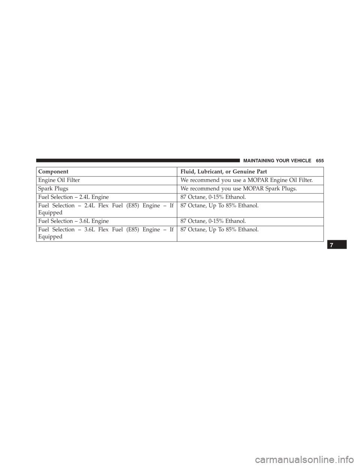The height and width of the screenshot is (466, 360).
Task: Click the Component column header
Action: [53, 172]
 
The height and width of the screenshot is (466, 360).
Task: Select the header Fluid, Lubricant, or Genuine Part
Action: [224, 172]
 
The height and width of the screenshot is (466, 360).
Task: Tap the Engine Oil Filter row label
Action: [59, 180]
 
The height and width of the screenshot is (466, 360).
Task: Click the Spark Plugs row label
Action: [53, 189]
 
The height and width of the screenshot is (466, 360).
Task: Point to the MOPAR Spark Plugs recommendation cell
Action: [239, 189]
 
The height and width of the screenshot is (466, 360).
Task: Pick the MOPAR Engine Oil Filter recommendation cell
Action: [247, 180]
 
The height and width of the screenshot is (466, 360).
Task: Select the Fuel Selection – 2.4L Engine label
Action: [73, 197]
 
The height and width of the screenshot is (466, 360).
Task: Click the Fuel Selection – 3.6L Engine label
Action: [73, 221]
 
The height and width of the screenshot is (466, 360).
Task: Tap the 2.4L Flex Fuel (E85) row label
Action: [106, 209]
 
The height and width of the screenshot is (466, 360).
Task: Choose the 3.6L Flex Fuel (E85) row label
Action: [106, 233]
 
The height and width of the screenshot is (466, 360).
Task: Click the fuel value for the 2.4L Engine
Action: [213, 197]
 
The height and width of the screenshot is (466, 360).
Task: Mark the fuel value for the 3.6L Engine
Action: [213, 221]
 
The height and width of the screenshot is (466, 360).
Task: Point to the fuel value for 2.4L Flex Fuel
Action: [219, 206]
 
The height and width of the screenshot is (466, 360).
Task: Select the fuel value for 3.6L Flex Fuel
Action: [219, 230]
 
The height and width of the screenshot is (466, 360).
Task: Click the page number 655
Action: [320, 161]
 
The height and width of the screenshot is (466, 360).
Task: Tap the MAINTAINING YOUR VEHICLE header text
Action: [277, 161]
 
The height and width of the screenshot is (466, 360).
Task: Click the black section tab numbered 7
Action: [337, 245]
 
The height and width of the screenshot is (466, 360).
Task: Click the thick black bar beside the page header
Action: [138, 161]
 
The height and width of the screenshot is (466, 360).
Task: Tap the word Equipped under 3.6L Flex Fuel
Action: [50, 237]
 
